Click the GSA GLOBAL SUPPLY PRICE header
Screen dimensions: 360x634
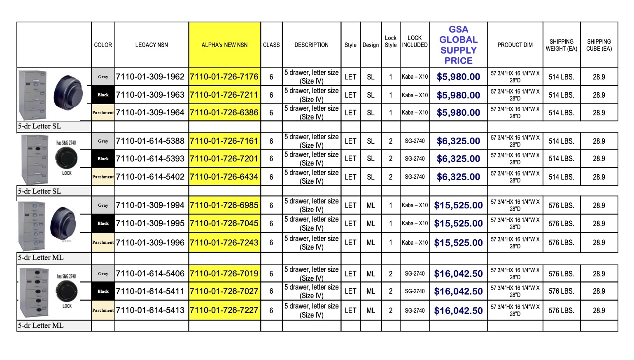click(x=458, y=45)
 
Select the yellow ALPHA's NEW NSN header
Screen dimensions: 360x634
click(x=224, y=45)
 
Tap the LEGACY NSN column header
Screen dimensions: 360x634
click(x=152, y=45)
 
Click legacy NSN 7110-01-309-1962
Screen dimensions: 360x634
click(x=150, y=77)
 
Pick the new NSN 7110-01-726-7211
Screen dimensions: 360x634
click(x=224, y=95)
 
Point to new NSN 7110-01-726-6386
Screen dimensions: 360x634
click(x=224, y=112)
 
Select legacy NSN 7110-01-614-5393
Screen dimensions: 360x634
click(x=150, y=159)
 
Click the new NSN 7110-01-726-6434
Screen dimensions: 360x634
click(x=224, y=177)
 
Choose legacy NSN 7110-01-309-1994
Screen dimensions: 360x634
click(x=150, y=205)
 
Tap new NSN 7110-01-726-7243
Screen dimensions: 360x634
click(x=224, y=243)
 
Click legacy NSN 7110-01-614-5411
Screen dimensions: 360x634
click(x=150, y=291)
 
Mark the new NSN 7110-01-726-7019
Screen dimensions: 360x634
click(x=224, y=274)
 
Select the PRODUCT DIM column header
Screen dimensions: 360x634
click(x=515, y=45)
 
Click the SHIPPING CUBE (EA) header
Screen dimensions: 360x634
click(x=599, y=45)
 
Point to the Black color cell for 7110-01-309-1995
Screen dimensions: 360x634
click(x=103, y=223)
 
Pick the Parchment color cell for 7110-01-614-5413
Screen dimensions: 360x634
click(x=103, y=310)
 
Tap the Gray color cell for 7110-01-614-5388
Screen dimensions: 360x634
click(x=103, y=141)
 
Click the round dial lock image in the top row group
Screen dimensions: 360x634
click(x=68, y=93)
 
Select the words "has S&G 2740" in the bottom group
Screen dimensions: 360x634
click(x=66, y=276)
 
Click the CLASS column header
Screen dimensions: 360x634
click(x=271, y=45)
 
